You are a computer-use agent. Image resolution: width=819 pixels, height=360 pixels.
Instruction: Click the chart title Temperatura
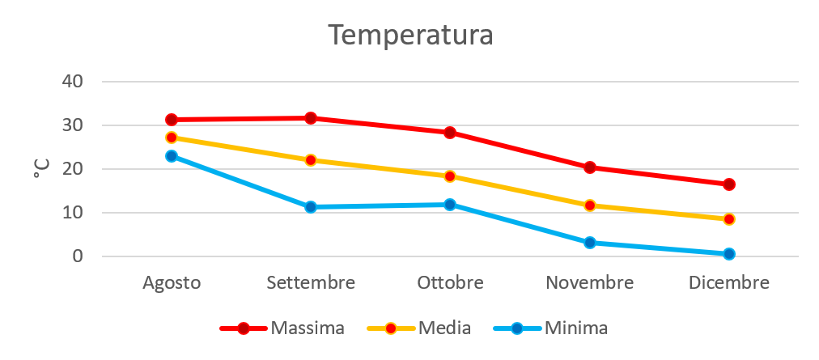coord(410,36)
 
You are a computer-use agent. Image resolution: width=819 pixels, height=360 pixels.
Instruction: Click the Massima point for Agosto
coord(172,120)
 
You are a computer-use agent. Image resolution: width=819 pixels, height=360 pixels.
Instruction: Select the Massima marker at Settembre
coord(310,118)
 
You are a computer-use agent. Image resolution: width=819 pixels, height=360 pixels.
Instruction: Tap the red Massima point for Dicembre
coord(728,184)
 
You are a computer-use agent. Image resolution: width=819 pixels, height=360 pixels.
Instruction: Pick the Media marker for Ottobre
coord(449,176)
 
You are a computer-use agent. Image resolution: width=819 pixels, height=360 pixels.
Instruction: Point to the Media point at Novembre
coord(589,205)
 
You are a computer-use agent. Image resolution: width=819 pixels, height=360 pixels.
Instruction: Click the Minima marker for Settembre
coord(310,207)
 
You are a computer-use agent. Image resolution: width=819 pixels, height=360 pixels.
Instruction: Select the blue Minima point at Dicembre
coord(728,254)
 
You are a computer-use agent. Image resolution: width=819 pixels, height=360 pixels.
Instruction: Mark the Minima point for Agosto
coord(172,156)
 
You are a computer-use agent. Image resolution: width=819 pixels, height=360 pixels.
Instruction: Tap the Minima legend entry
coord(575,328)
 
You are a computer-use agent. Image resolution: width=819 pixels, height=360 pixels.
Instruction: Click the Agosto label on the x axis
coord(172,284)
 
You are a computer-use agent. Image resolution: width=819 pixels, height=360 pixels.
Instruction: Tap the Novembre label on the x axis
coord(589,284)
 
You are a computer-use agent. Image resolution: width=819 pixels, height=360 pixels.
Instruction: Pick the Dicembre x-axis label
coord(728,284)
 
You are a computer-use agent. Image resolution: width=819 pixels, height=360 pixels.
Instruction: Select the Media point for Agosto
coord(172,138)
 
